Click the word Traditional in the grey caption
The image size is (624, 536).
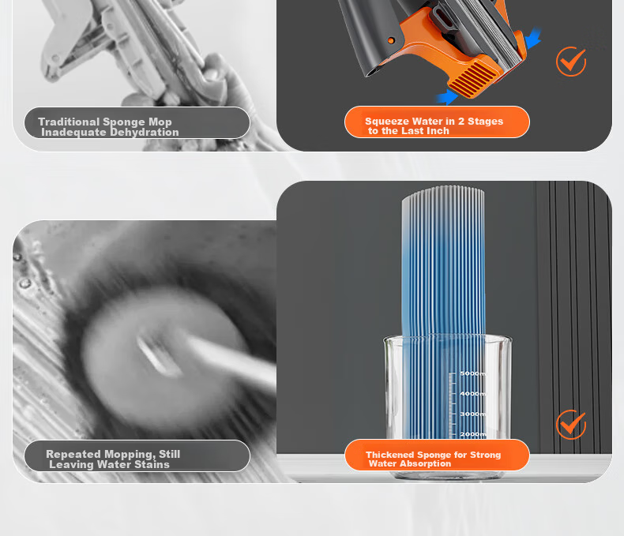pyautogui.click(x=69, y=122)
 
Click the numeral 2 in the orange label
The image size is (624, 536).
pyautogui.click(x=460, y=122)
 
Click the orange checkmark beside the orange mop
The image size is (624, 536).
pyautogui.click(x=571, y=62)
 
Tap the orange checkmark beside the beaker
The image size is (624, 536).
pyautogui.click(x=571, y=425)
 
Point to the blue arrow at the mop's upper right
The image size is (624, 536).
pyautogui.click(x=533, y=39)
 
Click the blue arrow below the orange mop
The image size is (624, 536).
pyautogui.click(x=447, y=97)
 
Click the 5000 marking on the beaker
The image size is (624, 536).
pyautogui.click(x=473, y=373)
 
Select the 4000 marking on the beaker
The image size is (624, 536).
pyautogui.click(x=473, y=394)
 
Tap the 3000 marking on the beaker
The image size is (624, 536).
pyautogui.click(x=473, y=414)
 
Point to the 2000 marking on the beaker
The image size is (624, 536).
pyautogui.click(x=473, y=434)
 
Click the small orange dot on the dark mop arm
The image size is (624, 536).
pyautogui.click(x=391, y=40)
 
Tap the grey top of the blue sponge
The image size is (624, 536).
pyautogui.click(x=443, y=207)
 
